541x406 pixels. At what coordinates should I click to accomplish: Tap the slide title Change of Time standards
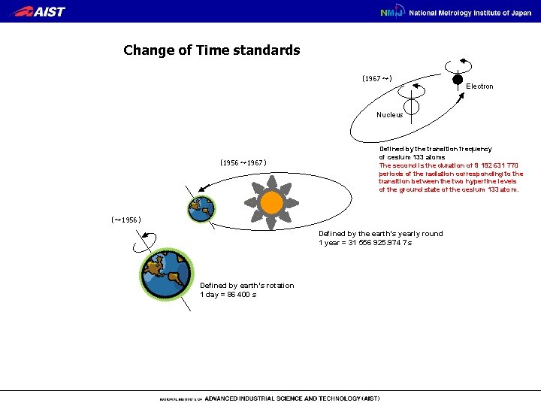point(211,50)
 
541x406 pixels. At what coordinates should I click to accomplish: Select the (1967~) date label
point(376,78)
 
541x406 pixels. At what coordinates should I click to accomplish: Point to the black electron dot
point(457,78)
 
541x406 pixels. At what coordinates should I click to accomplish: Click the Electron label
point(479,86)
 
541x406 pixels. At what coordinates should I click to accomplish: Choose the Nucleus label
point(389,115)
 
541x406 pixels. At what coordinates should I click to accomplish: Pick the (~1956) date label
point(125,220)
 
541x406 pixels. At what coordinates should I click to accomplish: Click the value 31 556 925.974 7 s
point(385,243)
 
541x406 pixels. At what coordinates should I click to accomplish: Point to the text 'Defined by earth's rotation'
point(246,285)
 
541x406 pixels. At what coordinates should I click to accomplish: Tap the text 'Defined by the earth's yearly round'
point(380,234)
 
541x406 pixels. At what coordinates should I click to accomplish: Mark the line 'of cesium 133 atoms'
point(411,157)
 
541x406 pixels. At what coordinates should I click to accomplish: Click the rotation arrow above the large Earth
point(146,240)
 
